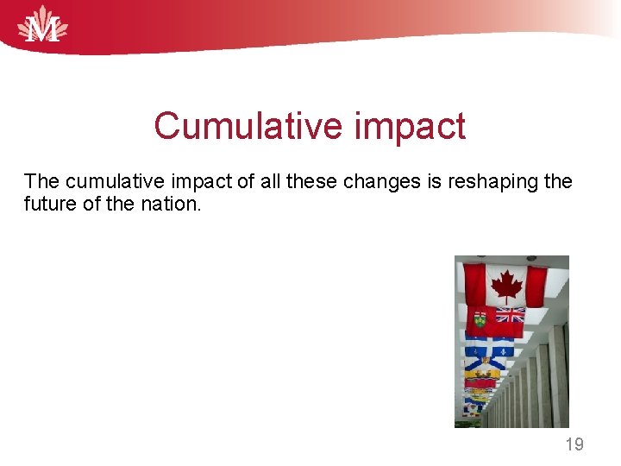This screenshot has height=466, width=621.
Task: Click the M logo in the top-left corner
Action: click(x=43, y=25)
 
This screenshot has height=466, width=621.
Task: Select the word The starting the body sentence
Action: click(x=42, y=181)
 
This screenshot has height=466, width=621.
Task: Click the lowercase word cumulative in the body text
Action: click(x=111, y=181)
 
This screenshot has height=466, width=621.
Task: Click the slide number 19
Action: click(x=574, y=444)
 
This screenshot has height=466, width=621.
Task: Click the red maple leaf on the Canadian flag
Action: click(x=505, y=283)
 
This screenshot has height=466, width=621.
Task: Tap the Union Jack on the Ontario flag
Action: click(x=509, y=315)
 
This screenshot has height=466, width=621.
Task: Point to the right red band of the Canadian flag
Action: click(x=536, y=286)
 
